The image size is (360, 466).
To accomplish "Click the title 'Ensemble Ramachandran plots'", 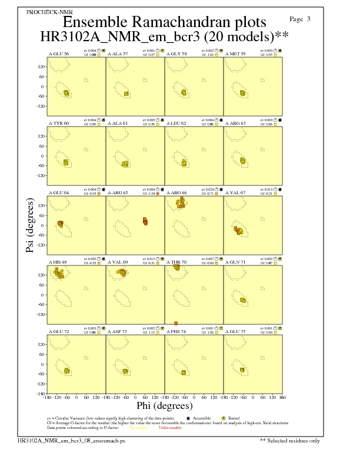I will click(164, 22).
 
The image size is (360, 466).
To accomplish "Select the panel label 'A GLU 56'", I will click(59, 54).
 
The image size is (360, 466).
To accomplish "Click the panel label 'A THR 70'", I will click(177, 261).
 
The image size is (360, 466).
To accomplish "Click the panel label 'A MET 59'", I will click(236, 54).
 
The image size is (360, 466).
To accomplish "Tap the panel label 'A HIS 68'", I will click(59, 261).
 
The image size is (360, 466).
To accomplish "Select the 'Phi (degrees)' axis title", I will click(165, 405).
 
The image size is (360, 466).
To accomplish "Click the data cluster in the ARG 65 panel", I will click(145, 221).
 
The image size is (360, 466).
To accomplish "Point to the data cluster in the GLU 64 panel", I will click(60, 224).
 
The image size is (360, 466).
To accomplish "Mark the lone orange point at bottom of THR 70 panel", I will click(176, 323).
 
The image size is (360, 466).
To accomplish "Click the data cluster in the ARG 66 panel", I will click(181, 203).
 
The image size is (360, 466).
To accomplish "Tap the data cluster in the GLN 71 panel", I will click(243, 300).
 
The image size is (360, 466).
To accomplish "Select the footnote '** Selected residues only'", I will click(291, 440).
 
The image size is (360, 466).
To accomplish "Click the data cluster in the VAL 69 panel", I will click(121, 272).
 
